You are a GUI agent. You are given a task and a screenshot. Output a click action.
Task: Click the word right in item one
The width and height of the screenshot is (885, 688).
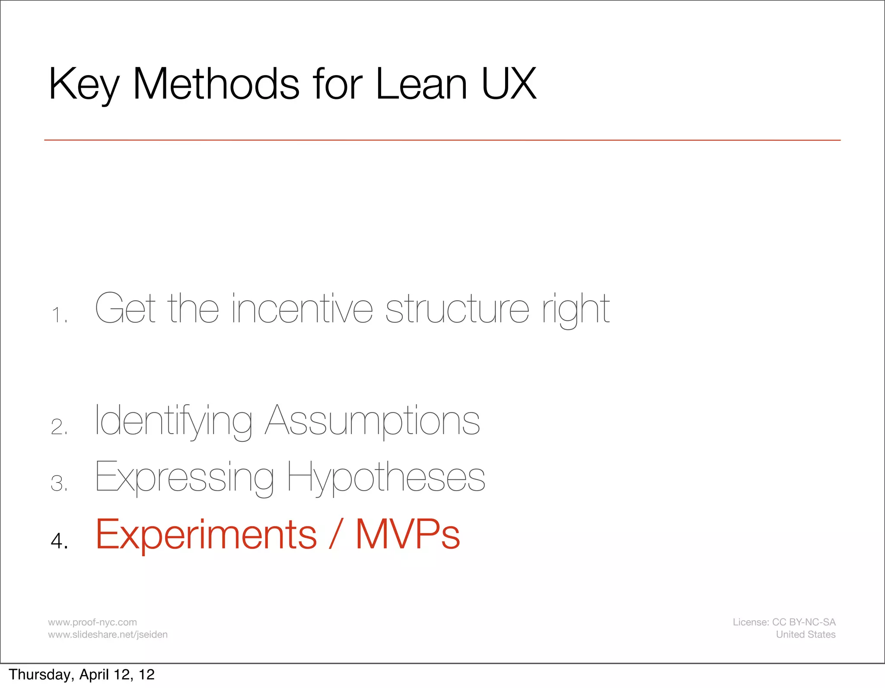[576, 309]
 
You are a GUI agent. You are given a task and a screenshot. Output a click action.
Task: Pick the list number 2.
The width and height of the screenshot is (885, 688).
[58, 427]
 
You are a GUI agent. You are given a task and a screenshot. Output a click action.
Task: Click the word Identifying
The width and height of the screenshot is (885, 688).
[173, 421]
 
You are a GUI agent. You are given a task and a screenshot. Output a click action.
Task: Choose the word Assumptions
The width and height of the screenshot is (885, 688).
[372, 421]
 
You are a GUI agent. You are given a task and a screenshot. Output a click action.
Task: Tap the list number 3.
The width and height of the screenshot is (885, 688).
[58, 483]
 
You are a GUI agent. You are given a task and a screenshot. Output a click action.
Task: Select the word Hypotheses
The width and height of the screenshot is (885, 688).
[386, 477]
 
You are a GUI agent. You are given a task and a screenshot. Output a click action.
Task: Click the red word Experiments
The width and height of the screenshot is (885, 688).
[206, 535]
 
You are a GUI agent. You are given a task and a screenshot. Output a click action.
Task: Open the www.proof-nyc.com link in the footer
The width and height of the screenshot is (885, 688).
[92, 622]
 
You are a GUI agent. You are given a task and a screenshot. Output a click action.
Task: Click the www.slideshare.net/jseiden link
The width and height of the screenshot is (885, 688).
[108, 634]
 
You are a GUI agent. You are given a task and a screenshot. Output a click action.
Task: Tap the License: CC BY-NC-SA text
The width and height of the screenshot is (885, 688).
[784, 622]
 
